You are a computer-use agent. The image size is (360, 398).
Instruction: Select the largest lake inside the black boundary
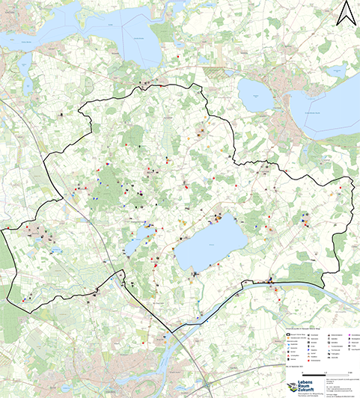point(211,245)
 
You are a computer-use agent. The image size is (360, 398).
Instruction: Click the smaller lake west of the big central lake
point(139,240)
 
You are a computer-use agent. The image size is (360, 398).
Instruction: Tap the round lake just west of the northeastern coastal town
point(257,96)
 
